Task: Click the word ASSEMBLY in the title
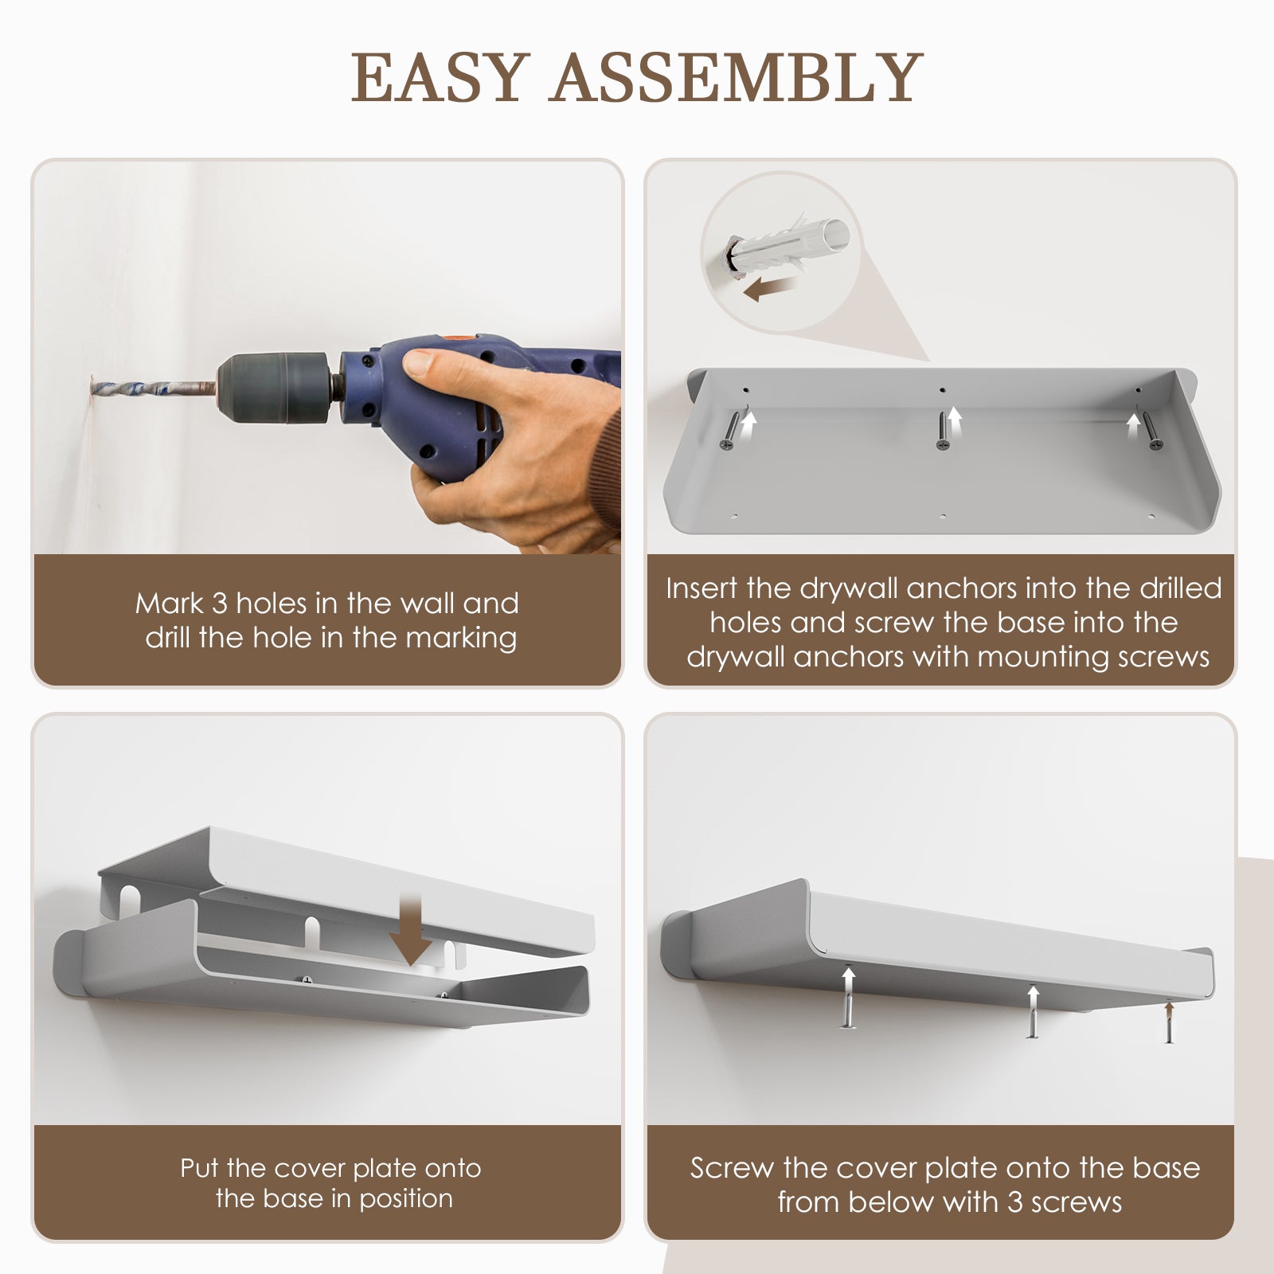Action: [736, 77]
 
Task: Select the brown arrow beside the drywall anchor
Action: [771, 289]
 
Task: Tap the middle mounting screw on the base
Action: [942, 431]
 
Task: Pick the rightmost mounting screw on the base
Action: [1151, 430]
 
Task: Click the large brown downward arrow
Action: [411, 928]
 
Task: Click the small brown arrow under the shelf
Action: [1169, 1013]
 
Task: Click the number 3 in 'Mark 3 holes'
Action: [220, 604]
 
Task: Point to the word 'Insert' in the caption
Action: [702, 588]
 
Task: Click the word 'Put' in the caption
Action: [200, 1168]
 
